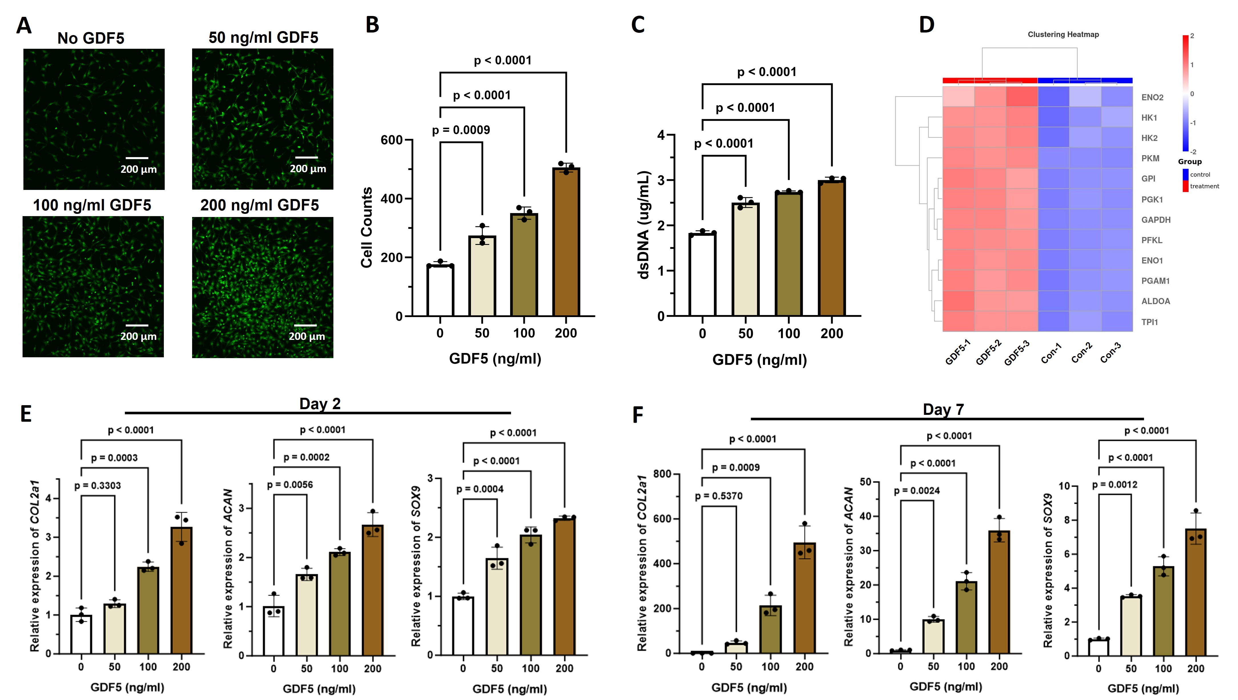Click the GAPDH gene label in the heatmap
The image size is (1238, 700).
pos(1156,220)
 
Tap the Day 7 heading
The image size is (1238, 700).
pos(943,410)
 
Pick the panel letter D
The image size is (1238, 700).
pos(926,25)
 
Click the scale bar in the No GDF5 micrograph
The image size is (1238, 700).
pos(137,158)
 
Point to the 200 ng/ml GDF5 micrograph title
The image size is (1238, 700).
pos(259,205)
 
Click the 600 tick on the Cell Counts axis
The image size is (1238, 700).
pos(391,140)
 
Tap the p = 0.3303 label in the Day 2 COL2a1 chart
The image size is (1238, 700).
pos(98,486)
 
